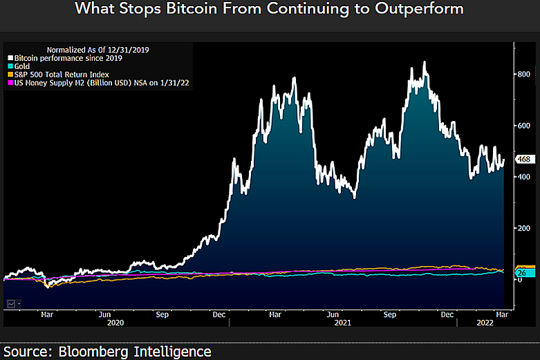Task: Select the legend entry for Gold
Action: coord(21,66)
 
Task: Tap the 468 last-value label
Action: coord(523,160)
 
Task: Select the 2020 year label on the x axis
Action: coord(115,323)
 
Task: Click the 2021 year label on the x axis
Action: coord(342,323)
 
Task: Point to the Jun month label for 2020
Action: coord(105,314)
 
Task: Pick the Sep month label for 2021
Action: coord(390,314)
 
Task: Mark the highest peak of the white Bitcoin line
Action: coord(424,62)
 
